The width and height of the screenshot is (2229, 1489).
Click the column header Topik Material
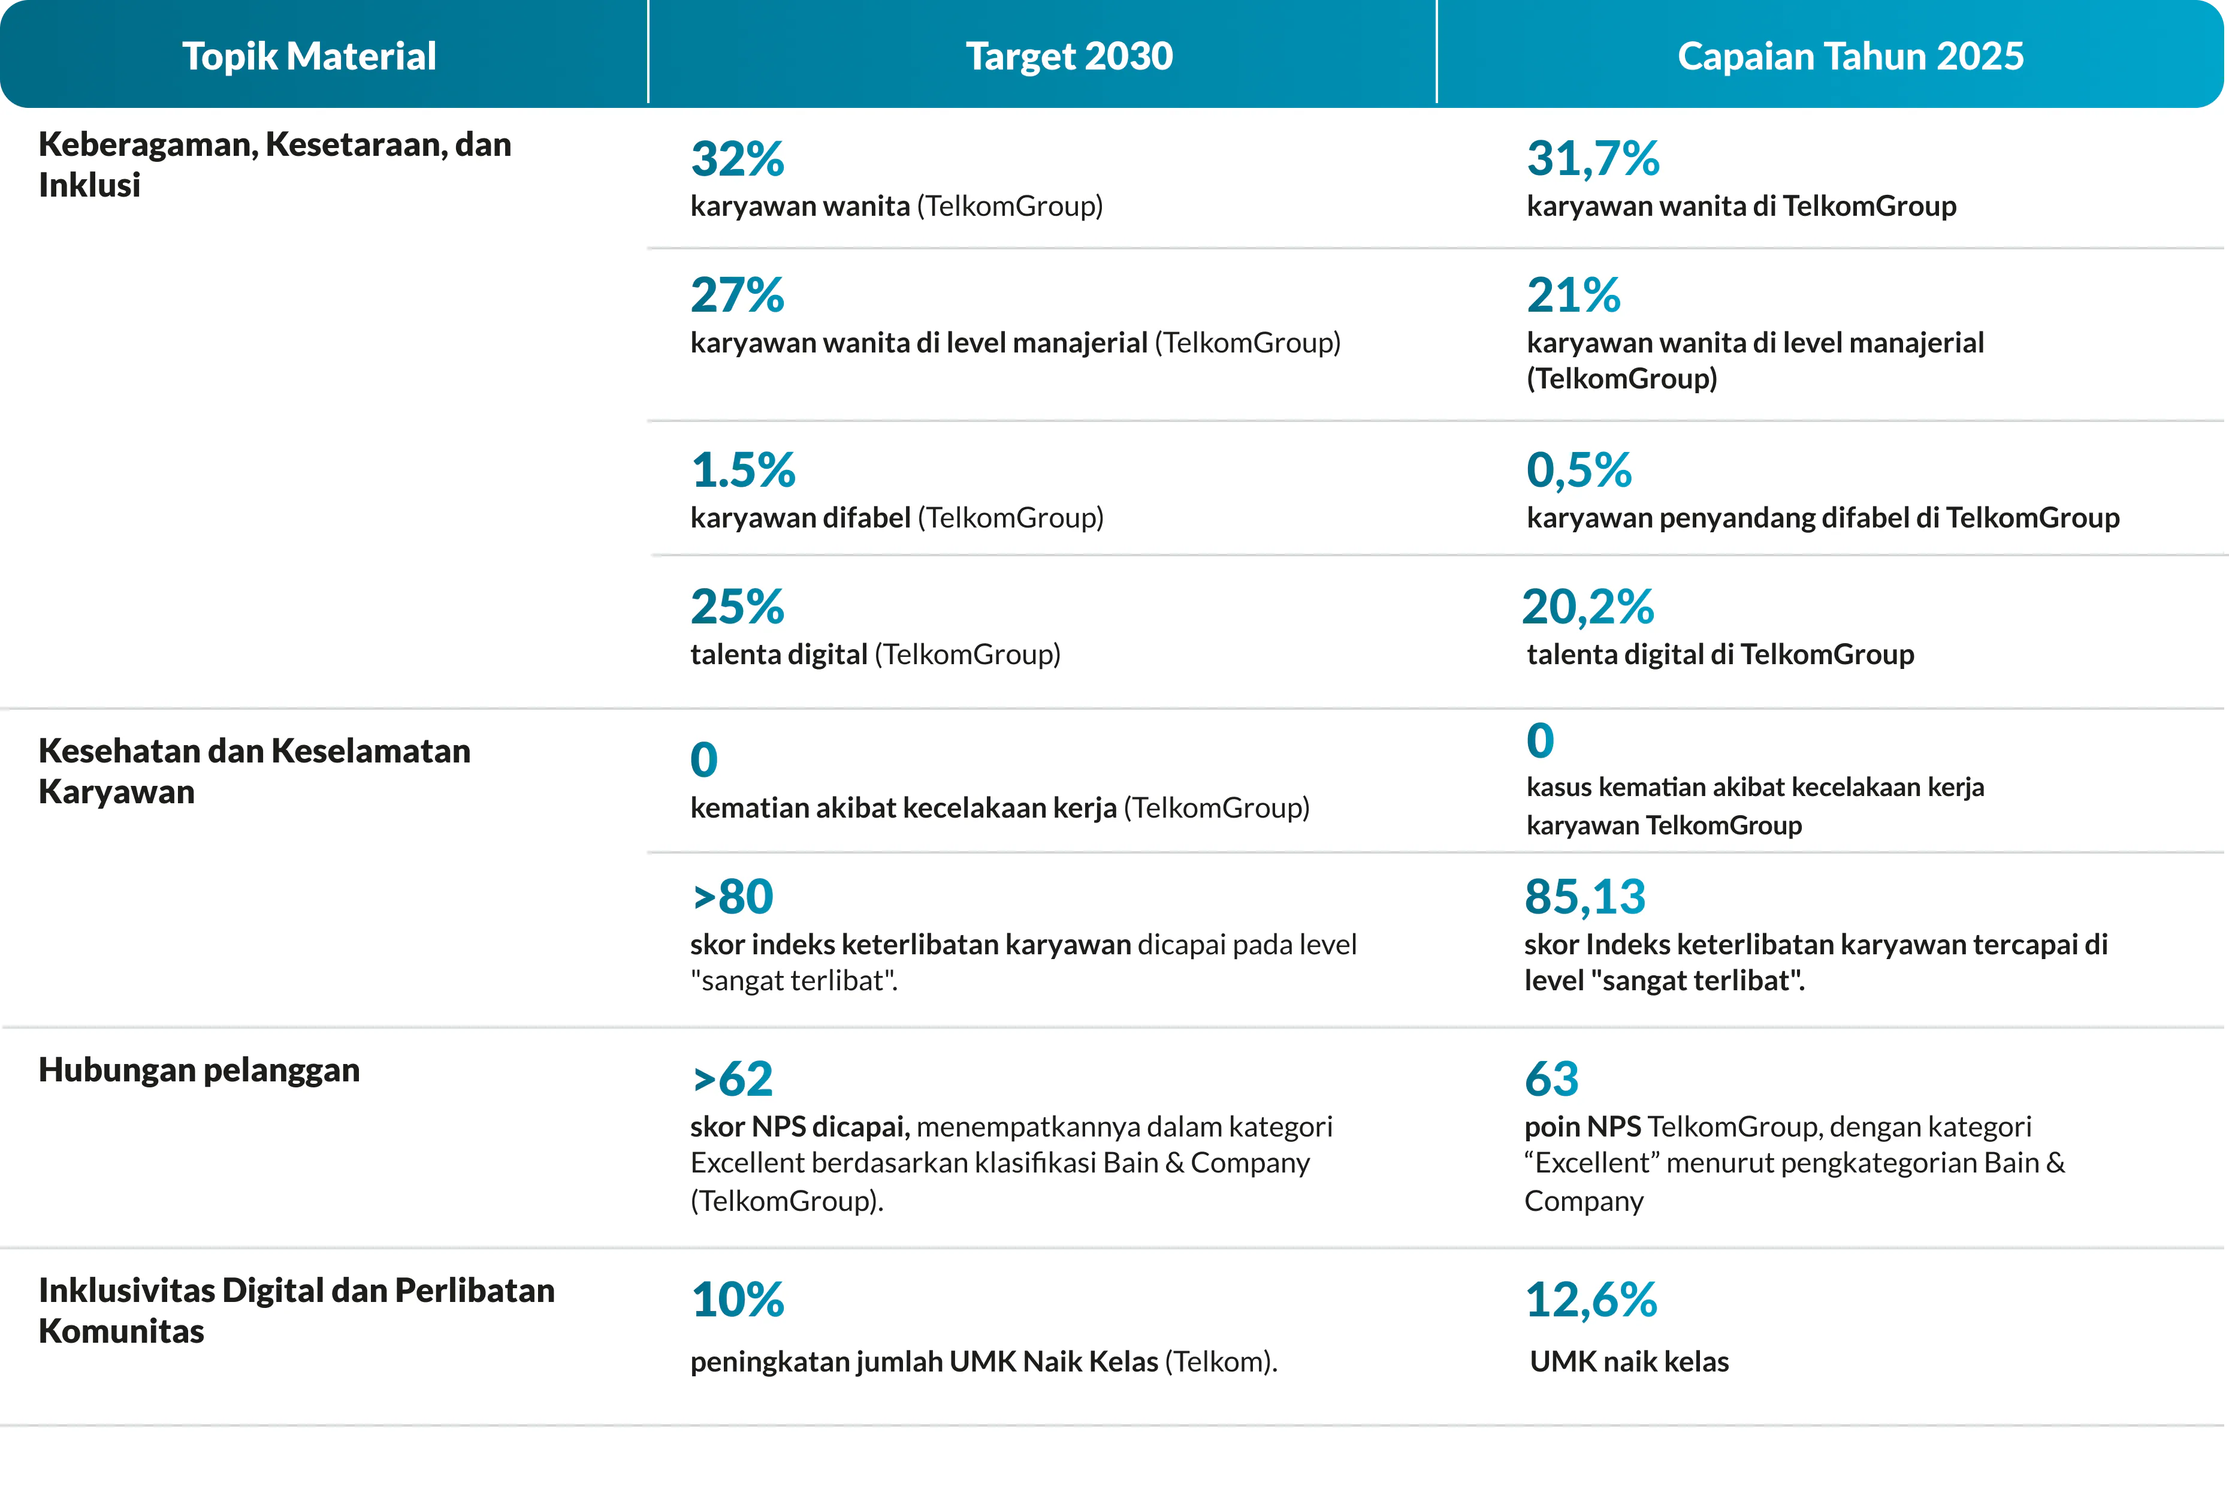pos(309,56)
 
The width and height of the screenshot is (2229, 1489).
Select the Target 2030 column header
pos(1070,56)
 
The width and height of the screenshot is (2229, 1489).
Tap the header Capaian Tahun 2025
pos(1850,56)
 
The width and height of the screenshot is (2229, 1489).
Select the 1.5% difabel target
pos(744,469)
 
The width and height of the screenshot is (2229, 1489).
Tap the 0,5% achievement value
pos(1579,469)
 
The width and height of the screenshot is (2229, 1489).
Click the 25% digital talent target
pos(738,606)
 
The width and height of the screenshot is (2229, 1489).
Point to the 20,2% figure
pos(1588,606)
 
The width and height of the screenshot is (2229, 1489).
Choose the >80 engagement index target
pos(733,896)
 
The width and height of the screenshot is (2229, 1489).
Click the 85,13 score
pos(1585,896)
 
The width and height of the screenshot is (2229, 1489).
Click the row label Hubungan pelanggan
pos(200,1070)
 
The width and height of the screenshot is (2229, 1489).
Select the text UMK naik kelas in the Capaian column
pos(1629,1362)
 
